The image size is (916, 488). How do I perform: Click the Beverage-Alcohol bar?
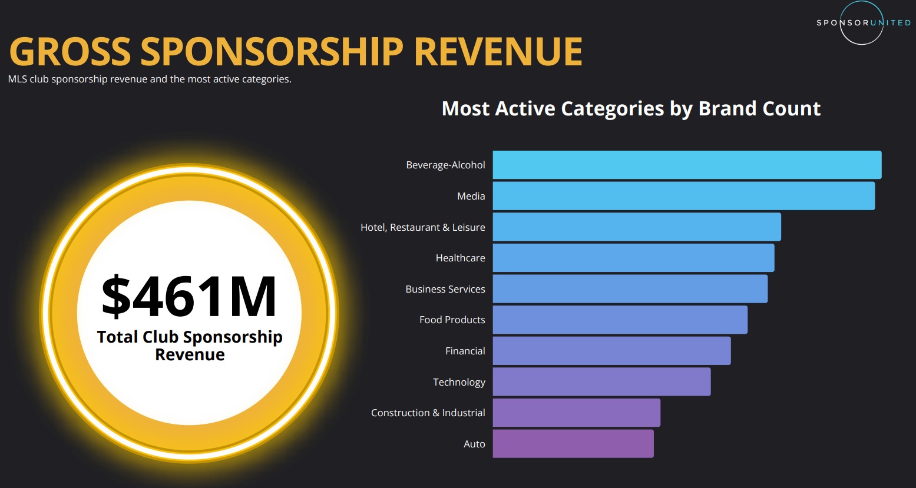point(687,165)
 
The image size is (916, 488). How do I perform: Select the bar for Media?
point(683,196)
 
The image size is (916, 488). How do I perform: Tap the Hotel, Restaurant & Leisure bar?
point(637,227)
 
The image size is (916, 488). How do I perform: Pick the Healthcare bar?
point(633,258)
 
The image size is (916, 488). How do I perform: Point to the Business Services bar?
point(630,289)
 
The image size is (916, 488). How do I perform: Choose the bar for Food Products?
point(620,320)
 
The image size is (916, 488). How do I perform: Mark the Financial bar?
point(611,351)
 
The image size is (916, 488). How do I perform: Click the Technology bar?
point(601,382)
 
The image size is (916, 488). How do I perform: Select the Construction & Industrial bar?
point(576,413)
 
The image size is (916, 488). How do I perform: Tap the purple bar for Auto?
point(573,444)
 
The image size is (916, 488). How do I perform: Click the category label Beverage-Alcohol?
point(445,165)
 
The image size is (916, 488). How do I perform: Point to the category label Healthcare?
point(460,258)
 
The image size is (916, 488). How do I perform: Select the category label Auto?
point(474,444)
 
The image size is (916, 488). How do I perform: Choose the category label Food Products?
point(452,320)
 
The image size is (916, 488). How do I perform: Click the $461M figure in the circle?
point(189,297)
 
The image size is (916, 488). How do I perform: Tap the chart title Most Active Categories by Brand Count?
point(631,109)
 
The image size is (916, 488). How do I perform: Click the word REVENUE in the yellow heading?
point(498,52)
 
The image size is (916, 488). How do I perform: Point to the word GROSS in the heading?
point(70,52)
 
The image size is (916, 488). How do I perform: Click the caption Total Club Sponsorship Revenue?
point(190,346)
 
